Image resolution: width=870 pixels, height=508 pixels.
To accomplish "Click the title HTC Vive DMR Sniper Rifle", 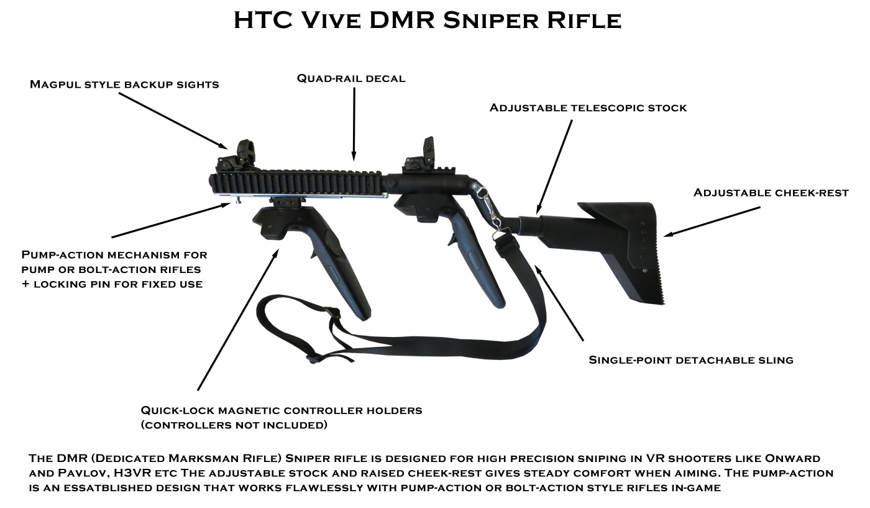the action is click(x=428, y=21).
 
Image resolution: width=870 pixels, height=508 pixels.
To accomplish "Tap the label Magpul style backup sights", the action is click(x=124, y=85).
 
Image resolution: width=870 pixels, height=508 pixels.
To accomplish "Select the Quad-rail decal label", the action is click(x=351, y=78).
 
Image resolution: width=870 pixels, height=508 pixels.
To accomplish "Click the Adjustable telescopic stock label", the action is click(x=588, y=108).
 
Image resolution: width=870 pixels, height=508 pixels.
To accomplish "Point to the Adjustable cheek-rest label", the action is click(x=771, y=193).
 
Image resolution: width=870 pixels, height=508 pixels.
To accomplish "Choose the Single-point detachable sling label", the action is click(x=691, y=360).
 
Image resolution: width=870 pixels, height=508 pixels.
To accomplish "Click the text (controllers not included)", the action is click(x=234, y=425).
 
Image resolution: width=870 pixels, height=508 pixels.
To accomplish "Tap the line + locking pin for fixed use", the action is click(x=112, y=284).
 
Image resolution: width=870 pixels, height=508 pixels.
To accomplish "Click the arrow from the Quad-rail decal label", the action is click(x=354, y=124).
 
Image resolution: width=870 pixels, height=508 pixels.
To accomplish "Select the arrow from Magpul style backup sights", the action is click(x=173, y=121).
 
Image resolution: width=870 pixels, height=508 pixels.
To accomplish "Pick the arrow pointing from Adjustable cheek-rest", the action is click(x=712, y=221).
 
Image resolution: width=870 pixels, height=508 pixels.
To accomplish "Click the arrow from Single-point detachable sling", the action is click(x=559, y=303).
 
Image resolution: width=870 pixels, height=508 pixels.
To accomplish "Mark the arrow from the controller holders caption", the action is click(x=238, y=320).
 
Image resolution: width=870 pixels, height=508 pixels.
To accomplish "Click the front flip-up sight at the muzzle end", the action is click(x=237, y=156).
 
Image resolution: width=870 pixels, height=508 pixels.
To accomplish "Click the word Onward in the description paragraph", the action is click(x=792, y=458).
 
